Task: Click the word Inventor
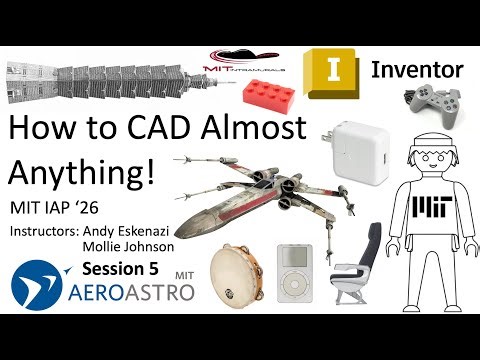[417, 70]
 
